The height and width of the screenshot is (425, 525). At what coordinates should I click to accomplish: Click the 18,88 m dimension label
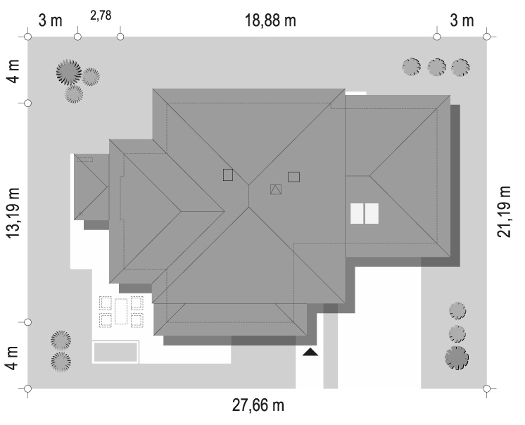(x=270, y=20)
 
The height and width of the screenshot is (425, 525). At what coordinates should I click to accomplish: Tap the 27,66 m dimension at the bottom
(x=258, y=406)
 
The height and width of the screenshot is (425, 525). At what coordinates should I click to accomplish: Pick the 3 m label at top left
(x=50, y=20)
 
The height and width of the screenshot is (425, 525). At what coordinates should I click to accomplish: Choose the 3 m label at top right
(x=462, y=20)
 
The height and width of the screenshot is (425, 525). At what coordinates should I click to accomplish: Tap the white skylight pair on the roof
(x=365, y=213)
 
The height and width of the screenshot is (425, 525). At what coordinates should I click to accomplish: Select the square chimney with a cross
(x=276, y=189)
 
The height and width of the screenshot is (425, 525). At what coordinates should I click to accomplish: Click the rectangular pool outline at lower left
(x=116, y=352)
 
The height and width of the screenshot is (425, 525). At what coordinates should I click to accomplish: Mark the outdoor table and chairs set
(x=121, y=311)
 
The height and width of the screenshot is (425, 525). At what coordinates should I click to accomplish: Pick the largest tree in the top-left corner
(x=68, y=72)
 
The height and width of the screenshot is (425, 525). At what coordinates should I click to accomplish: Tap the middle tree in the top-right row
(x=437, y=67)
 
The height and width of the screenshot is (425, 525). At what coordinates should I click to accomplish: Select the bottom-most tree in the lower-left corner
(x=61, y=362)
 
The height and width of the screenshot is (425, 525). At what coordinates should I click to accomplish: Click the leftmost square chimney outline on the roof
(x=228, y=175)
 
